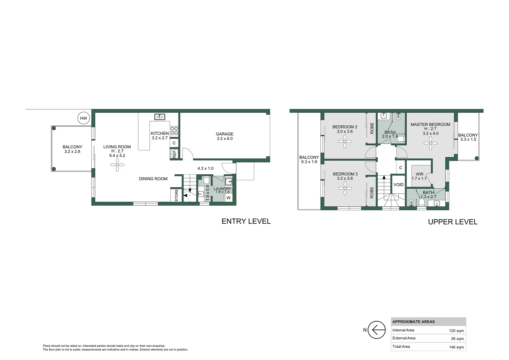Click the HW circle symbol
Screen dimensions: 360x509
coord(83,118)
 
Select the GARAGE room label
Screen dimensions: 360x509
coord(225,134)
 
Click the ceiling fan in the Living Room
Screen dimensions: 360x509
coord(117,165)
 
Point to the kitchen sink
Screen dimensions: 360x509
coord(160,117)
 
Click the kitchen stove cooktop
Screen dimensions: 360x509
coord(174,130)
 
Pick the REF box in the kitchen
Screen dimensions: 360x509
coord(174,154)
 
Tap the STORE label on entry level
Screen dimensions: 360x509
coord(177,195)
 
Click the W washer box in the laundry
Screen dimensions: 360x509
coord(229,198)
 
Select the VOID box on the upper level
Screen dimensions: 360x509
coord(398,185)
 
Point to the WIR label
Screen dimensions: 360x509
coord(419,174)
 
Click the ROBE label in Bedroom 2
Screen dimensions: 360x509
coord(372,128)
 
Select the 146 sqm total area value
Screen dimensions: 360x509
coord(456,347)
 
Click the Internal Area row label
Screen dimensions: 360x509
coord(403,330)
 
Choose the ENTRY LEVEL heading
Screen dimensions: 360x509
coord(246,221)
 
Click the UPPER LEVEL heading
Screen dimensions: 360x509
coord(452,222)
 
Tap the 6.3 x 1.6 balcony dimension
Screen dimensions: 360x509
coord(309,162)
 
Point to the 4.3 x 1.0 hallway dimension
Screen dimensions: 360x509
coord(205,169)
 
